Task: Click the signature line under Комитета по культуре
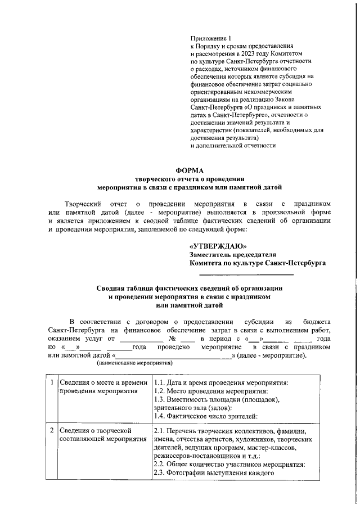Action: tap(246, 274)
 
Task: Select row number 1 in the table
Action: tap(51, 383)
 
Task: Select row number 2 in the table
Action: tap(51, 430)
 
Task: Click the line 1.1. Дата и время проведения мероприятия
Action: tap(220, 383)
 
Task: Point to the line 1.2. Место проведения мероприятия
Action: tap(210, 391)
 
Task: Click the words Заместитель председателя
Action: tap(232, 254)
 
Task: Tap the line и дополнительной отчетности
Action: tap(233, 145)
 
